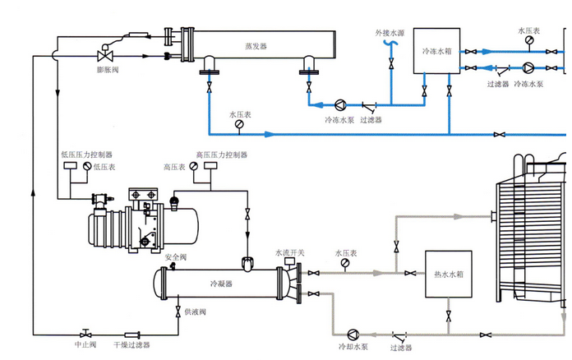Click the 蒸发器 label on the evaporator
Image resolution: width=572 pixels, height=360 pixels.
pos(256,46)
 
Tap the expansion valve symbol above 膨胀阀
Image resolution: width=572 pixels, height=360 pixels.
pos(105,56)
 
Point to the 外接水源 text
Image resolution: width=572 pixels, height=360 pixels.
pos(390,34)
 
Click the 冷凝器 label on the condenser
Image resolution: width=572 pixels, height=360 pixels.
pos(221,283)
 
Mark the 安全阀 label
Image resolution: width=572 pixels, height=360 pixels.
pos(177,257)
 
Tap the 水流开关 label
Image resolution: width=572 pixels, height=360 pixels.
pos(289,252)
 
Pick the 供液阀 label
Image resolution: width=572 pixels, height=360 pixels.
pos(195,312)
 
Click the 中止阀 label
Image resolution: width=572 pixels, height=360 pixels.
pos(85,344)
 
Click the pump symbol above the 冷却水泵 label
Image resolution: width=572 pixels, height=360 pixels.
pos(353,333)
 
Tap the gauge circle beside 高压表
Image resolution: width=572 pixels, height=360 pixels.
pos(193,166)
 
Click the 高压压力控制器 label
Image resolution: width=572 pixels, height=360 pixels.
pos(221,155)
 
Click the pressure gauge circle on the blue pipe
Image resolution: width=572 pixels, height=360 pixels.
pos(239,125)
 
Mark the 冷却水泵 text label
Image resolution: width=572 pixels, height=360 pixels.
pos(353,348)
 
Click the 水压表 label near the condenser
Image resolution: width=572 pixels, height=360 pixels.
pos(346,252)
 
